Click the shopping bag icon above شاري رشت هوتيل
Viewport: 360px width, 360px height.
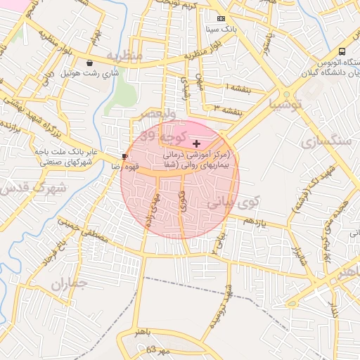pos(89,63)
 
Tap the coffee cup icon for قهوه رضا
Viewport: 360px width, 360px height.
pos(125,156)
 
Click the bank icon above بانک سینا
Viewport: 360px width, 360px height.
pos(221,18)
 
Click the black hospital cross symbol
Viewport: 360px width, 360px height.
pos(195,143)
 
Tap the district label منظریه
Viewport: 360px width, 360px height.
pos(124,55)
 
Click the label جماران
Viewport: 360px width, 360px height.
pos(68,285)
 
